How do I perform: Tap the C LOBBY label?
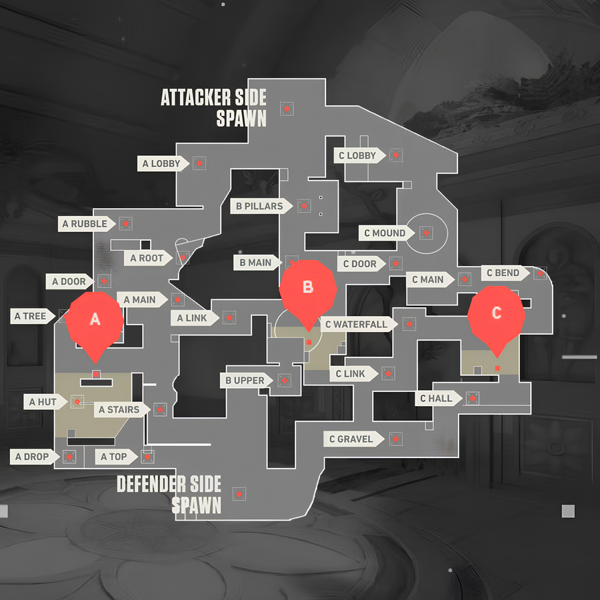pyautogui.click(x=357, y=156)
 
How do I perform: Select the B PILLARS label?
pyautogui.click(x=259, y=206)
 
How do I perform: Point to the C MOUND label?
pyautogui.click(x=385, y=233)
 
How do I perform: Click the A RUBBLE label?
pyautogui.click(x=85, y=224)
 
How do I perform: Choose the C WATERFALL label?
pyautogui.click(x=355, y=325)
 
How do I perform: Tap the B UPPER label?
pyautogui.click(x=245, y=381)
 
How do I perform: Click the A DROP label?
pyautogui.click(x=32, y=457)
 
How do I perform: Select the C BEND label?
pyautogui.click(x=503, y=273)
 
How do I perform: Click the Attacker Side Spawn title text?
pyautogui.click(x=213, y=107)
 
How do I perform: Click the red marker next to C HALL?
pyautogui.click(x=473, y=399)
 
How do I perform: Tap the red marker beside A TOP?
pyautogui.click(x=147, y=457)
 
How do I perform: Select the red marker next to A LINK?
pyautogui.click(x=229, y=318)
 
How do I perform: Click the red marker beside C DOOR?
pyautogui.click(x=396, y=263)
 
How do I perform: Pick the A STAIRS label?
pyautogui.click(x=119, y=409)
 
